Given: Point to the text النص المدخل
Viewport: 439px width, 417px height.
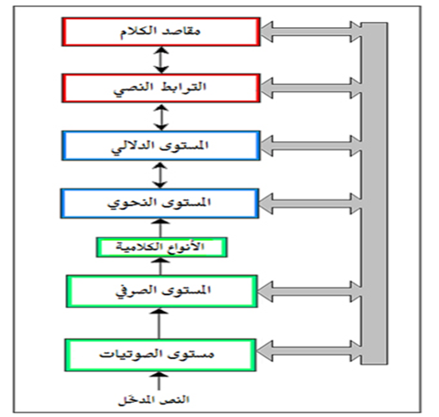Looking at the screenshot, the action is pyautogui.click(x=154, y=399).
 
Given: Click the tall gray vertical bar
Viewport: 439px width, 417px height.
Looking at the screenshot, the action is pyautogui.click(x=375, y=193).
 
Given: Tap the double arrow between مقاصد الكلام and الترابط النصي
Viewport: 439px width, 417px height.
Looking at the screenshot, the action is pyautogui.click(x=162, y=60).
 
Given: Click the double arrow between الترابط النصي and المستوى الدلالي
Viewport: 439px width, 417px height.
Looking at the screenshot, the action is pyautogui.click(x=162, y=117).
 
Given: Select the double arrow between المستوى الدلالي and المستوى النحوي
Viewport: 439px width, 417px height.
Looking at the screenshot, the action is pyautogui.click(x=160, y=175).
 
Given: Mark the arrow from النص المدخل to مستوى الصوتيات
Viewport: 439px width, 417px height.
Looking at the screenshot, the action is pyautogui.click(x=159, y=381).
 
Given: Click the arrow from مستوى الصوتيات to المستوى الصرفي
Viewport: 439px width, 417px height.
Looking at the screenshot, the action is pyautogui.click(x=159, y=323).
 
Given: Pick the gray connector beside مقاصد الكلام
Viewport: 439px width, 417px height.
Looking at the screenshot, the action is pyautogui.click(x=311, y=32).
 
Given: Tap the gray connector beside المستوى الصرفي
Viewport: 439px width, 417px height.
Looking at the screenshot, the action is pyautogui.click(x=310, y=291).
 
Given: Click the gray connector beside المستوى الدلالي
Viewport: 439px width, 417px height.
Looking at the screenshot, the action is pyautogui.click(x=311, y=146).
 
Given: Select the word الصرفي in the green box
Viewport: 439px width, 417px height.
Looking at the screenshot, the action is pyautogui.click(x=132, y=291).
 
